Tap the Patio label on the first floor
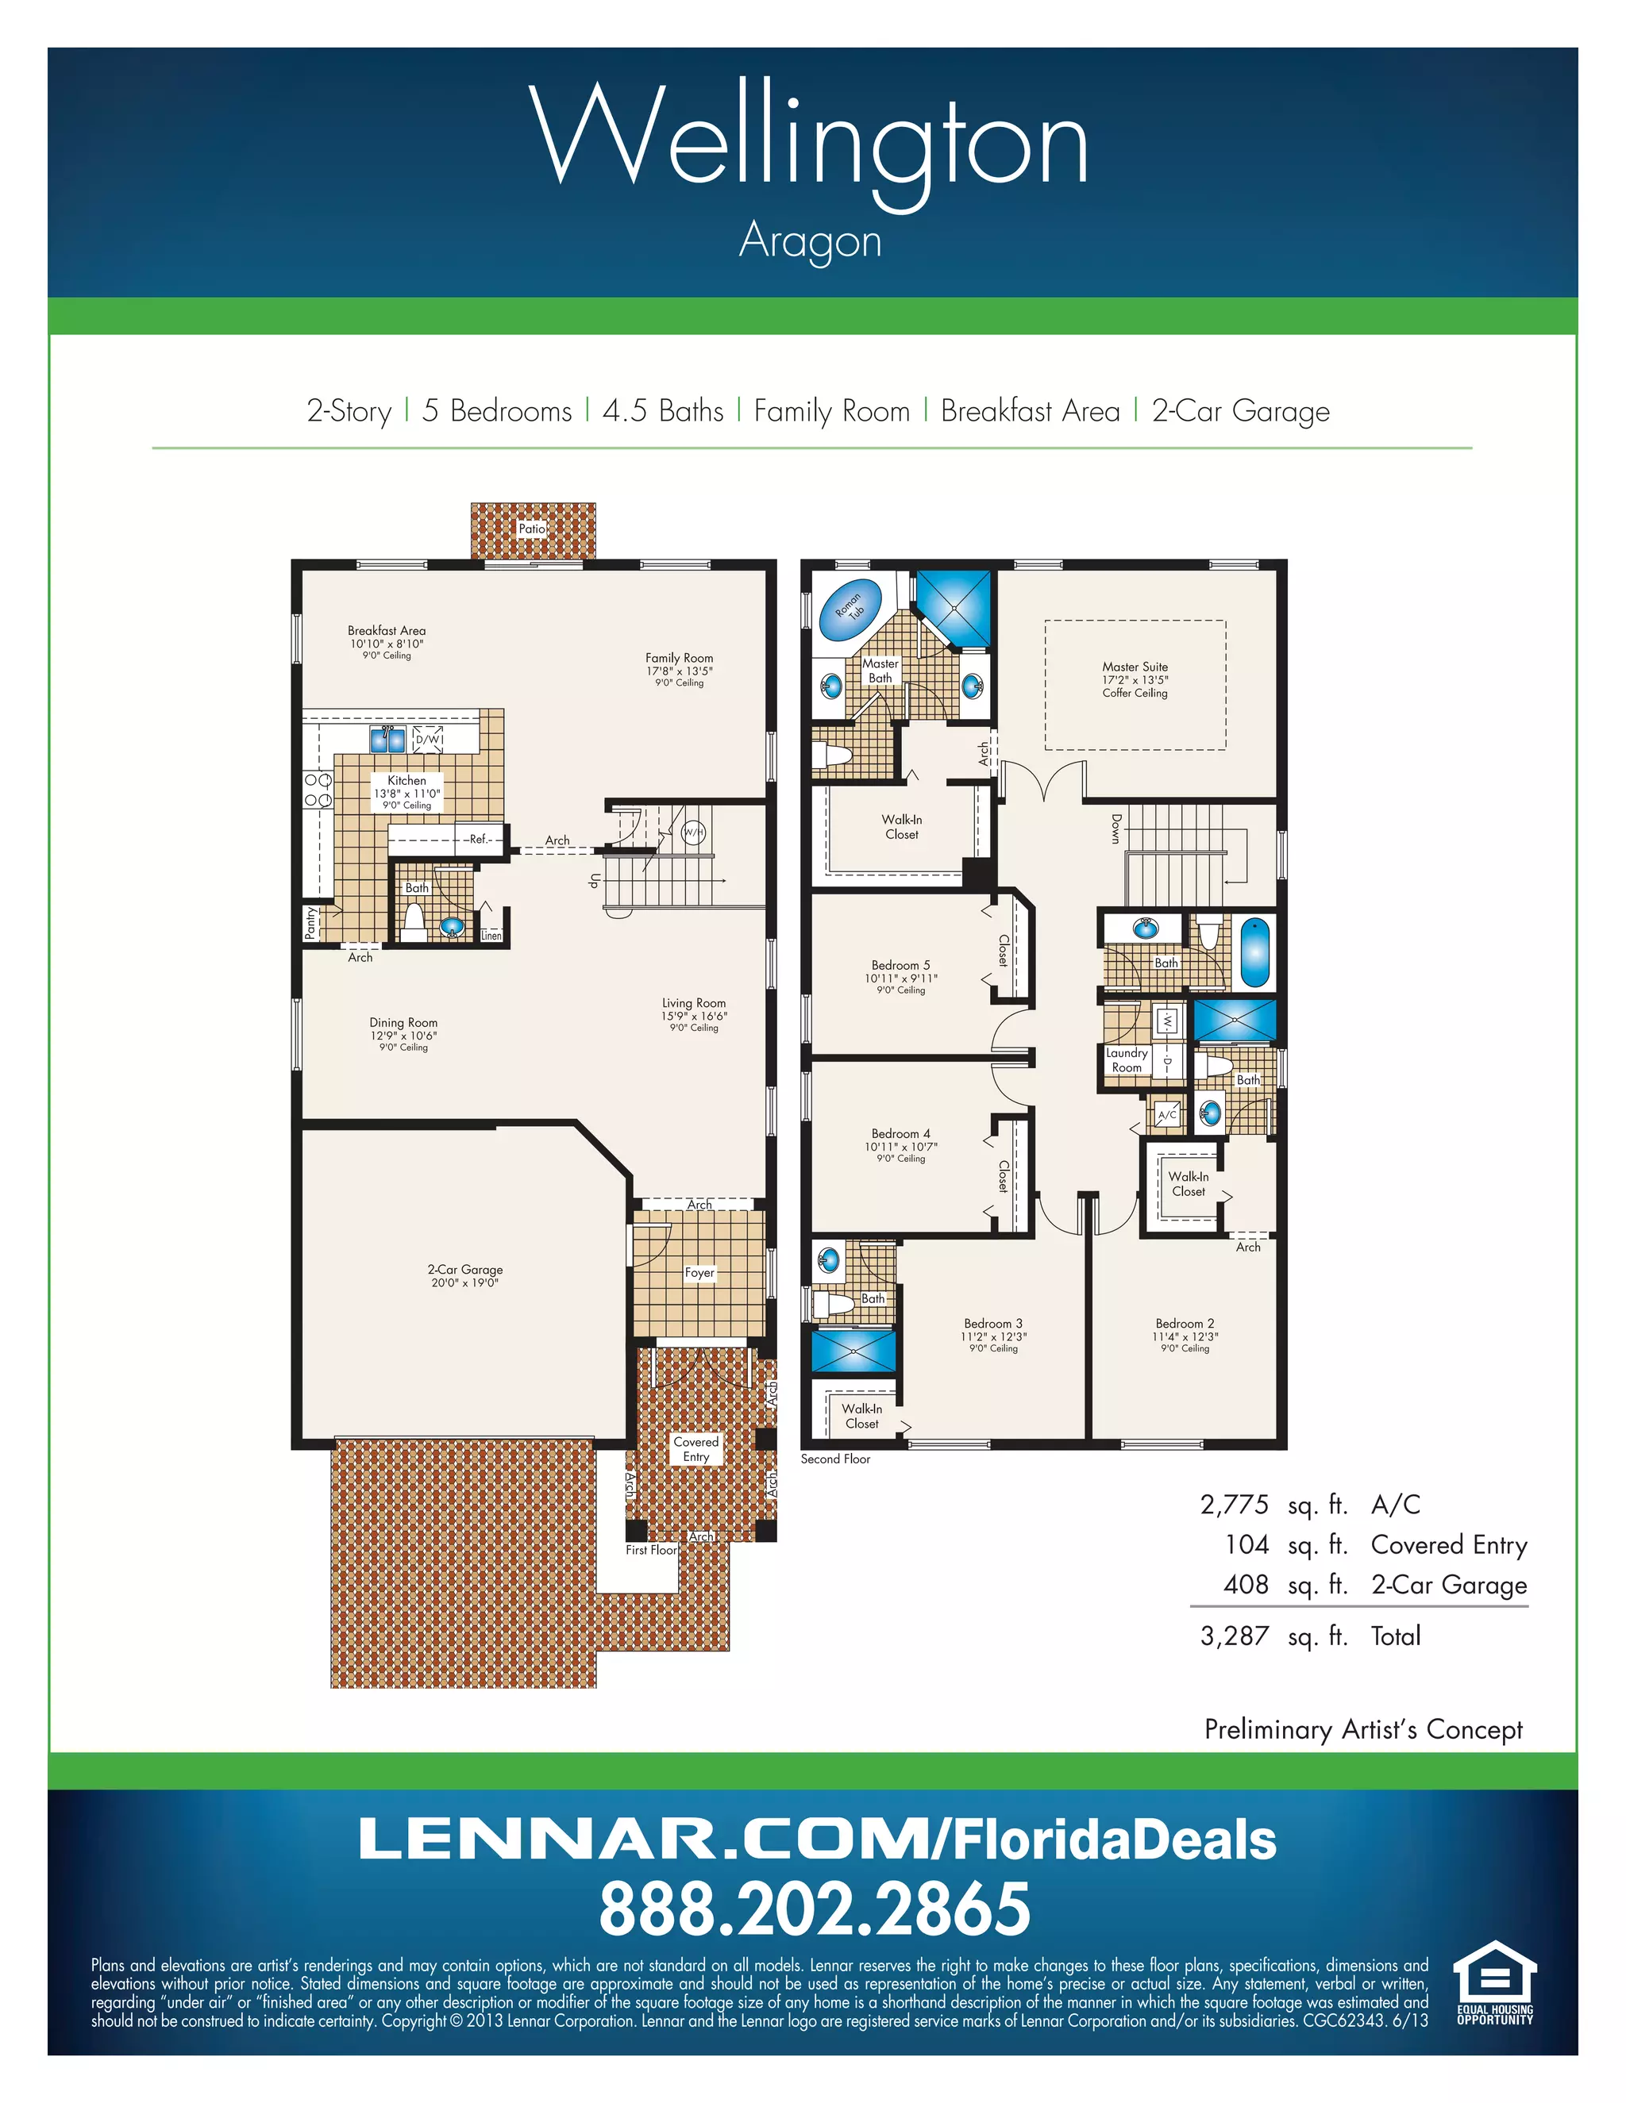532,529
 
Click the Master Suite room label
1135,667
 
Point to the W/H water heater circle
694,832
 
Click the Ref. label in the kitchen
480,839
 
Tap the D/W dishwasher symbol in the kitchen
429,740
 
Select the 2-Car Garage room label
465,1269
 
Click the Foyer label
699,1272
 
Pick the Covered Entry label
695,1449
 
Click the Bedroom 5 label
900,965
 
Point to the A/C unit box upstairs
1166,1115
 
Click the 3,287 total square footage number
1234,1636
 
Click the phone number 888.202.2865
814,1909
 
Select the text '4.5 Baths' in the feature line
663,411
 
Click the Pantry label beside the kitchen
310,922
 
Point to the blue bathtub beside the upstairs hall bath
1254,952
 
